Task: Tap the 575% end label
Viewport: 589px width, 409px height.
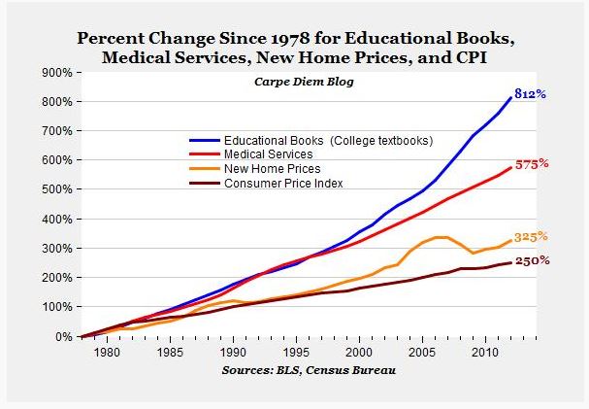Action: [532, 164]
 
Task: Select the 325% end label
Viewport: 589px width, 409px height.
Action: [532, 236]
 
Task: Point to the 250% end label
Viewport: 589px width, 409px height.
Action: [532, 260]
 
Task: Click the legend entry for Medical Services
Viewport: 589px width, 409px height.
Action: [268, 153]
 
